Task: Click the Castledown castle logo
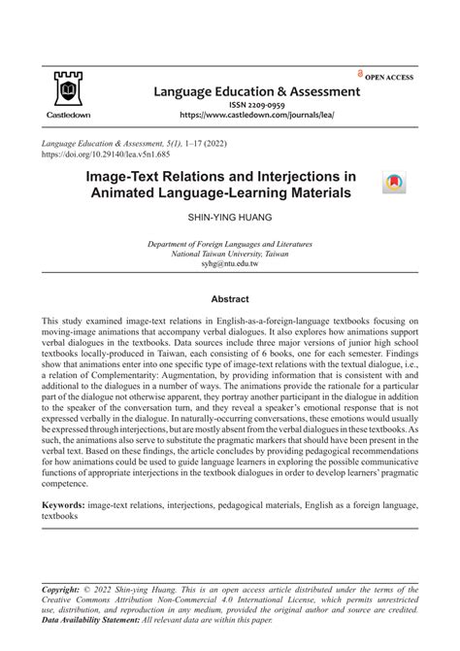(x=65, y=89)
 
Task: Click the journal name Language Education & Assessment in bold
(x=257, y=92)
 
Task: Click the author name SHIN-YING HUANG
(x=229, y=221)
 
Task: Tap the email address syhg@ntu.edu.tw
(x=229, y=264)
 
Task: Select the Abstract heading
(x=230, y=300)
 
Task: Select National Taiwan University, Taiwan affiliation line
(x=229, y=254)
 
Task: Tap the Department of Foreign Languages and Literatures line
(x=229, y=243)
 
